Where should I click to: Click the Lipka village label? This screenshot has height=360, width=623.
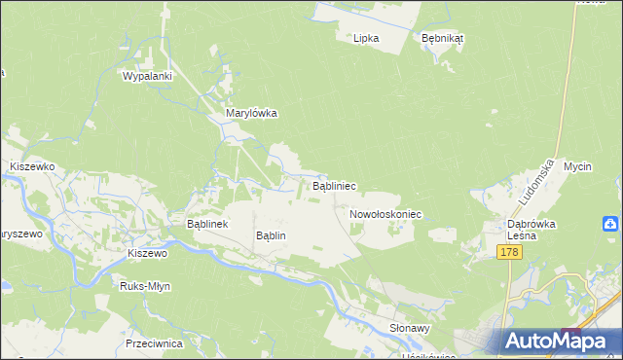pos(366,38)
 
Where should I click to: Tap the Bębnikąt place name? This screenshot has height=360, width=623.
pos(443,38)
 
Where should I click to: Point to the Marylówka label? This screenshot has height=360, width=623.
pos(251,113)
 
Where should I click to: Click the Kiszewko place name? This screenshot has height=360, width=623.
pos(31,166)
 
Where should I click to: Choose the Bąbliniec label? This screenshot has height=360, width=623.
pos(333,185)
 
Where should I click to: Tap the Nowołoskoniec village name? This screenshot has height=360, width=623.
pos(385,213)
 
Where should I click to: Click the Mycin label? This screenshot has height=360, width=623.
pos(577,166)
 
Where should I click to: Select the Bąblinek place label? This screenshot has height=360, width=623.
pos(206,224)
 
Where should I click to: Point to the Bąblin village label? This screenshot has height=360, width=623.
pos(271,235)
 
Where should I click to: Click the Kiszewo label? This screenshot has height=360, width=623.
pos(148,252)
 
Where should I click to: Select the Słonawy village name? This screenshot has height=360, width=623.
pos(410,328)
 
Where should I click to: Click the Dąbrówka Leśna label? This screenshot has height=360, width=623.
pos(531,229)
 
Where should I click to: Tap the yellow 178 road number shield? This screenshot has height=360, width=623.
pos(509,252)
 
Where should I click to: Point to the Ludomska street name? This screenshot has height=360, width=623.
pos(537,182)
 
